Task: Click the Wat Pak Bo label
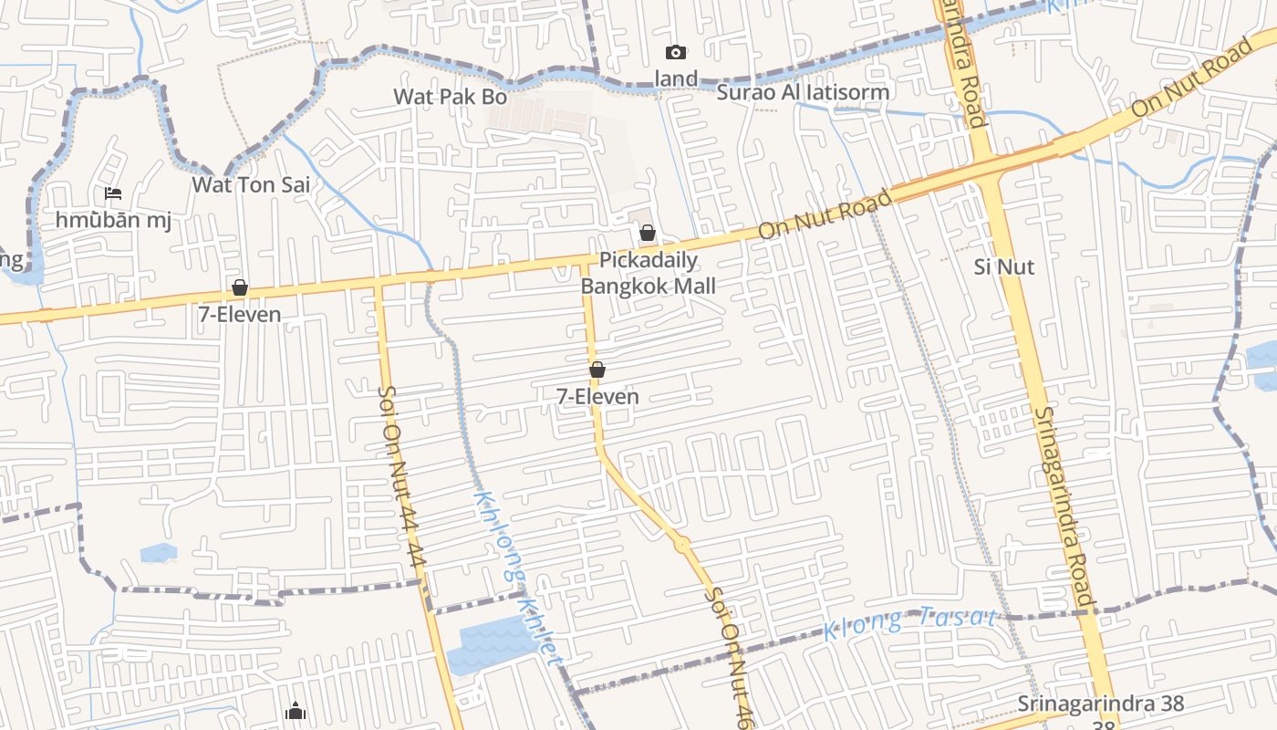point(450,96)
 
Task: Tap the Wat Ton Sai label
point(251,184)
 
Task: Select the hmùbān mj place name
point(113,220)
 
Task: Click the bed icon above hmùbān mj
point(113,193)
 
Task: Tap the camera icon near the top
point(675,52)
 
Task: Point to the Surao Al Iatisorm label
point(803,91)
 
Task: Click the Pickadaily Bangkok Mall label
point(649,273)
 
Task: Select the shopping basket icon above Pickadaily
point(647,233)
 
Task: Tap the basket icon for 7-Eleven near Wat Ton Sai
point(240,287)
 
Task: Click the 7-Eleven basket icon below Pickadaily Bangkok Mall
point(597,370)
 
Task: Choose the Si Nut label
point(1004,266)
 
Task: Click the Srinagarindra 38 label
point(1101,704)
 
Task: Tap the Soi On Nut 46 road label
point(731,652)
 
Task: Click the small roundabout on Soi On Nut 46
point(682,543)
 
